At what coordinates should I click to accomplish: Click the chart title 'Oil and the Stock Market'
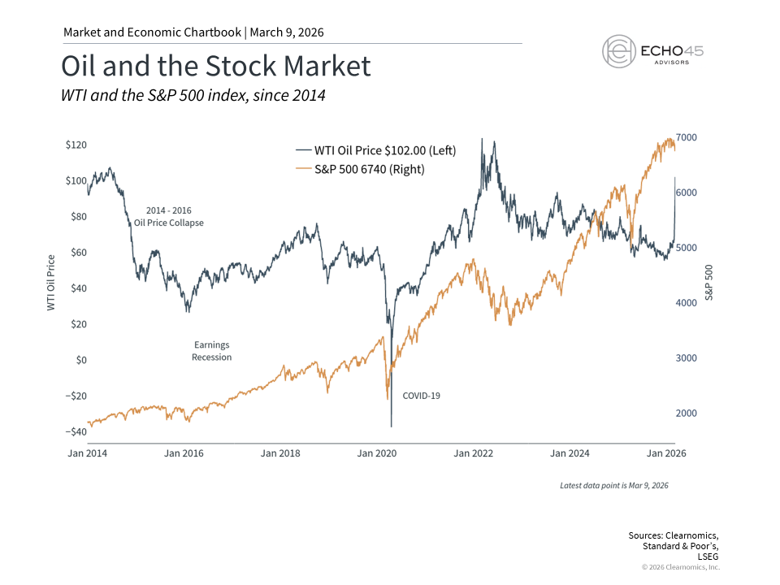point(216,66)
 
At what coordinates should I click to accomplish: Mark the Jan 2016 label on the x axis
point(183,453)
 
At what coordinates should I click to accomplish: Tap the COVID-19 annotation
point(421,396)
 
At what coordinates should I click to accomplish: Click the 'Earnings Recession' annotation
point(212,351)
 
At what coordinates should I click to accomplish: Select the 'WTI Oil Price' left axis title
point(50,283)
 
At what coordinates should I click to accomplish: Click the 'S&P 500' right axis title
point(708,283)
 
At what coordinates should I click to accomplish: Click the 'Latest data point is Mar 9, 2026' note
point(613,485)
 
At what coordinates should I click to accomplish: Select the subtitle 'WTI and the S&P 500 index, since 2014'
point(193,95)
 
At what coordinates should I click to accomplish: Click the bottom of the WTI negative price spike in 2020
point(391,427)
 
